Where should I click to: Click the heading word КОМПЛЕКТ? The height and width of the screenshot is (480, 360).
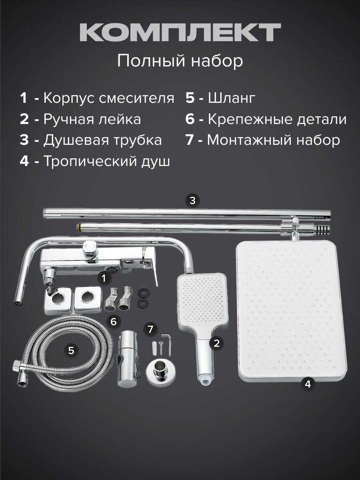coord(180,32)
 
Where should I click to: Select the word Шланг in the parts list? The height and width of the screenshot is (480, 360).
coord(232,98)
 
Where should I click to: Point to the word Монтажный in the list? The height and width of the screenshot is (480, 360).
coord(249,140)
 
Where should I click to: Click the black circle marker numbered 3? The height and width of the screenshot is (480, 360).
coord(192,200)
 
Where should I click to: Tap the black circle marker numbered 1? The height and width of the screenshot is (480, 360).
coord(104,278)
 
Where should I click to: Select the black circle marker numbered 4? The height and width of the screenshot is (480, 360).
coord(308,384)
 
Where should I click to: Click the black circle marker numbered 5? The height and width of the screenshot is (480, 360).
coord(71,350)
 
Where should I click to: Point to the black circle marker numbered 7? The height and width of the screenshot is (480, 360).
coord(150,329)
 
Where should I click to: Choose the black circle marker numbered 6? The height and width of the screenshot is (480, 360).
coord(114,321)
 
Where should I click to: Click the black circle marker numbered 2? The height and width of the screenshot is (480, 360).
coord(216,343)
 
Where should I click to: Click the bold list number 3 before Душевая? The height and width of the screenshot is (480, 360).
coord(24,140)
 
